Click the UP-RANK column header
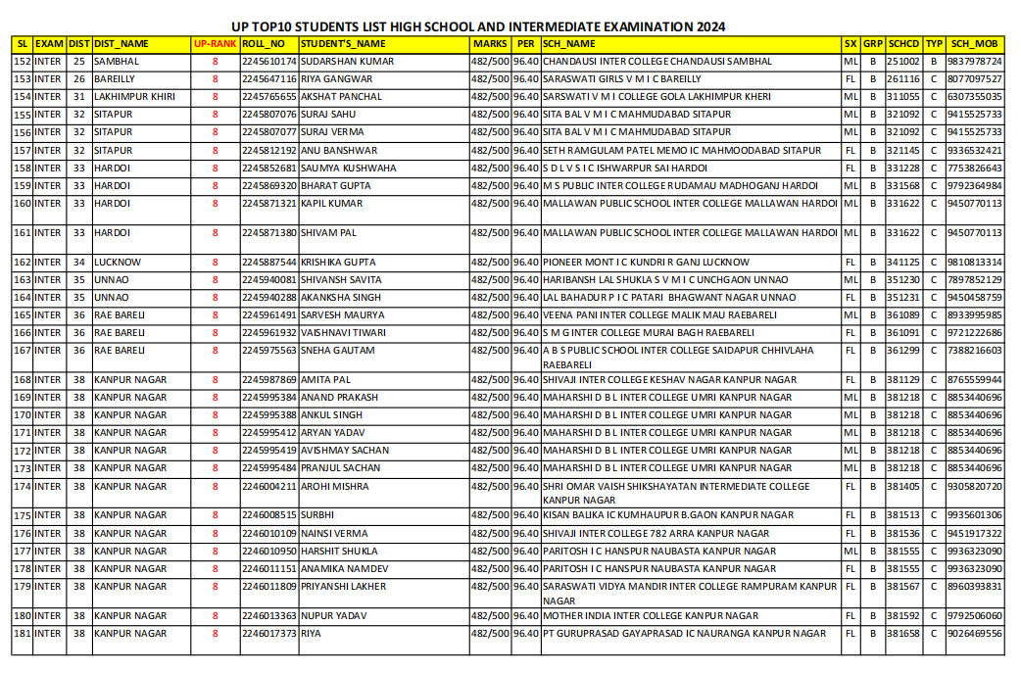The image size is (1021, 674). coord(215,44)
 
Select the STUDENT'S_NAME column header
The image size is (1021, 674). coord(343,44)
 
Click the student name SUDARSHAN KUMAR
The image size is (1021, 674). coord(347,62)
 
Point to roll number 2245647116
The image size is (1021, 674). coord(268,79)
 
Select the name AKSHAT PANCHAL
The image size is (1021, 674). coord(341,97)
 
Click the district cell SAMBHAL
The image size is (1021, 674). coord(117,62)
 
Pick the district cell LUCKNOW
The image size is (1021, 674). coord(118,263)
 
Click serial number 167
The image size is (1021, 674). coord(22,351)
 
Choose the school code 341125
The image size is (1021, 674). coord(902,263)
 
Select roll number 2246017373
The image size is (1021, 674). coord(268,634)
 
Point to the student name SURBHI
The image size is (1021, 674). coord(317,514)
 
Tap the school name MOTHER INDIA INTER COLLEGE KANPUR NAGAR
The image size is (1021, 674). coord(651,616)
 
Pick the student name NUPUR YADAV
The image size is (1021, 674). coord(333,616)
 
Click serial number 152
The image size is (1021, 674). coord(22,62)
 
